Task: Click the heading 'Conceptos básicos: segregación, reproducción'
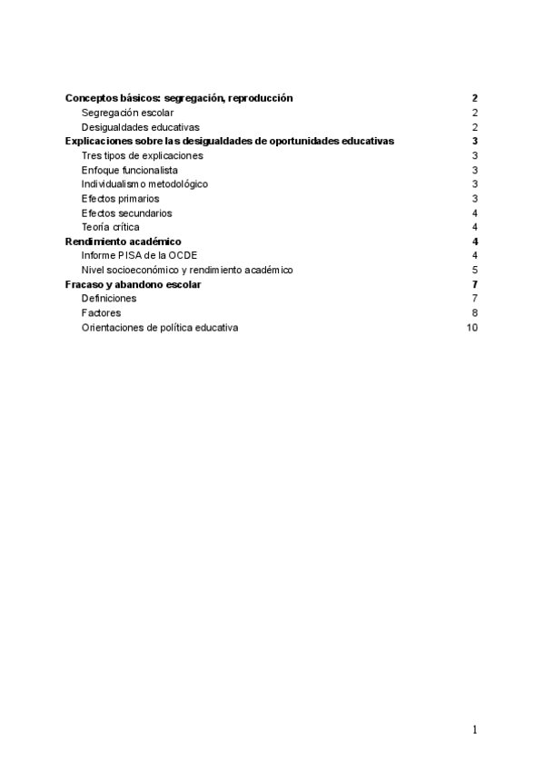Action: pos(179,98)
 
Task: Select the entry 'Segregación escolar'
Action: pos(127,113)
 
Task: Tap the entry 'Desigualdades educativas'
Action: pos(140,127)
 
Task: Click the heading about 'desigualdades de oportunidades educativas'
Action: pos(230,142)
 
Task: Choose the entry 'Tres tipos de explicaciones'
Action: pos(142,156)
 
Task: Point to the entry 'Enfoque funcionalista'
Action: pos(129,170)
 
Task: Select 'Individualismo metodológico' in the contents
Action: pos(144,184)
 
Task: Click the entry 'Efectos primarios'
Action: pos(120,199)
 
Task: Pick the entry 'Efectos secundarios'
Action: pos(126,213)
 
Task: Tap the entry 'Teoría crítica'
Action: pos(110,227)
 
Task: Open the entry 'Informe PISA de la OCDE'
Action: pos(139,256)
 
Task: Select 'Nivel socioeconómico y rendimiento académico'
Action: pos(187,270)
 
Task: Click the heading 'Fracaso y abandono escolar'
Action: pos(134,284)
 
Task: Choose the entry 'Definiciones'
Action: pos(109,299)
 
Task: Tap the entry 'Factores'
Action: pos(101,313)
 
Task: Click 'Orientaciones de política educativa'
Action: pos(160,328)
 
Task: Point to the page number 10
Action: pos(471,328)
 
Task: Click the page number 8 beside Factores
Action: pos(475,313)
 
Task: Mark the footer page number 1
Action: pos(474,729)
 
